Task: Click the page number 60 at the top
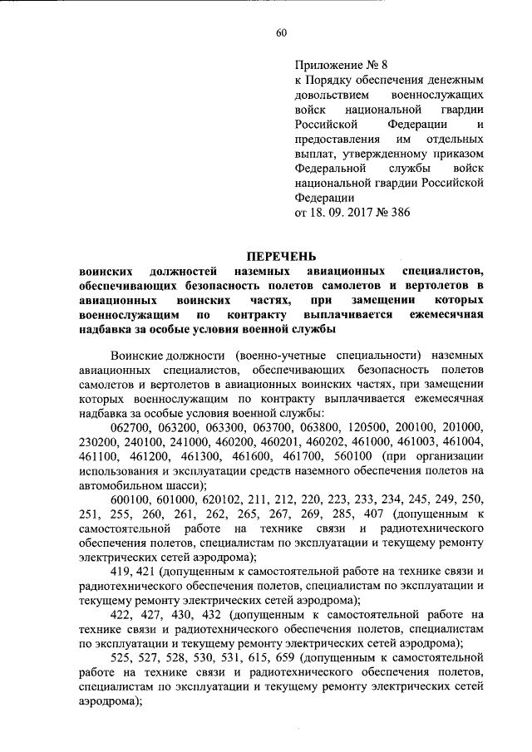tap(281, 32)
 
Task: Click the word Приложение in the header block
tap(330, 62)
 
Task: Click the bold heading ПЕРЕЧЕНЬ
tap(281, 255)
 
